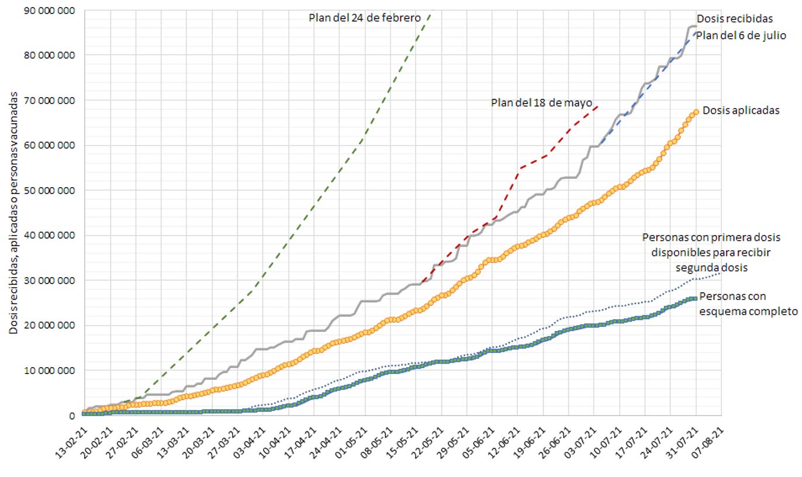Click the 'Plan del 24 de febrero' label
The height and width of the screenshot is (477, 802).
pyautogui.click(x=364, y=18)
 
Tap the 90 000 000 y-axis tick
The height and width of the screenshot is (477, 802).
pyautogui.click(x=53, y=10)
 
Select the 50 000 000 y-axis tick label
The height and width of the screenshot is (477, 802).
pyautogui.click(x=53, y=191)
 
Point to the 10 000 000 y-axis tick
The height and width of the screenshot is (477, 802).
pyautogui.click(x=53, y=371)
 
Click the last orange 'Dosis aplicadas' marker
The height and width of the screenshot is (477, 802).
pyautogui.click(x=696, y=112)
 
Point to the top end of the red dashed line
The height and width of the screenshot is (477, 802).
pyautogui.click(x=597, y=106)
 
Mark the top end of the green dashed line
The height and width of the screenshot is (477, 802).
pyautogui.click(x=431, y=14)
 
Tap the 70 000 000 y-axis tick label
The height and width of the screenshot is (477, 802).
pyautogui.click(x=53, y=100)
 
